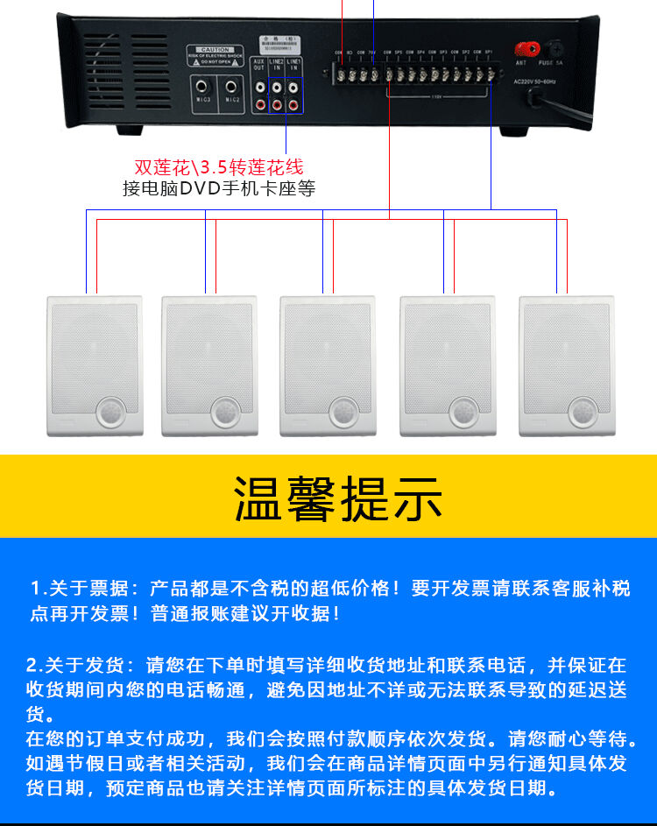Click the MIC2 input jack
pos(231,87)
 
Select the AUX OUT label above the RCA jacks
pos(258,65)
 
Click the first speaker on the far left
pos(94,365)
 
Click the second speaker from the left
pos(209,365)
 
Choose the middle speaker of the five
pos(328,365)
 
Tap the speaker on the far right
pos(565,365)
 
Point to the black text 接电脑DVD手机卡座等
pos(219,187)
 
